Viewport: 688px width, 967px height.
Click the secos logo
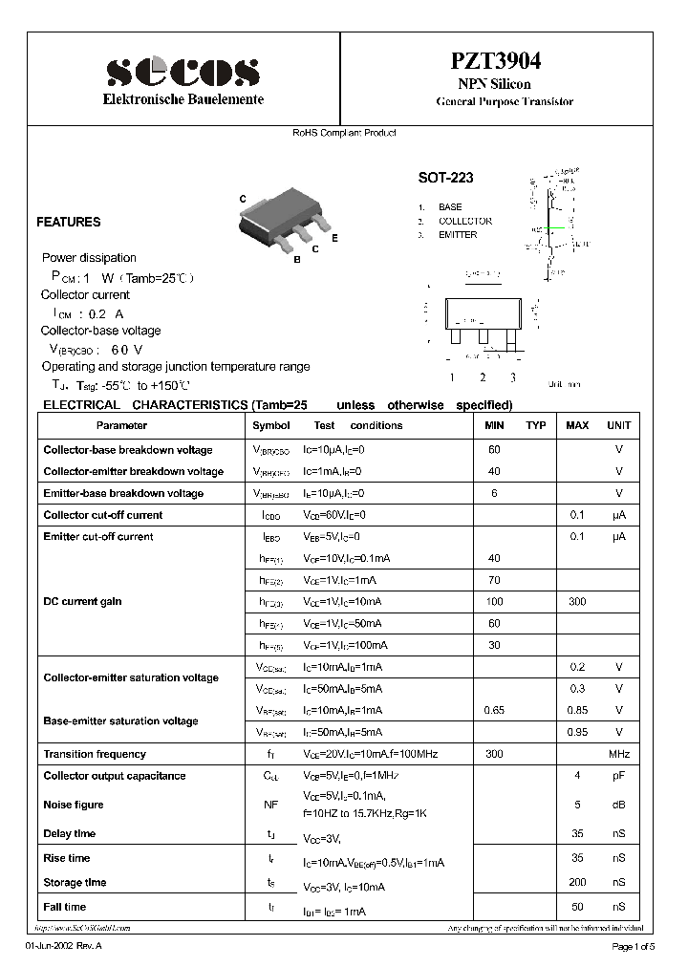click(x=183, y=72)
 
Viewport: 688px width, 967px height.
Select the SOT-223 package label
click(x=445, y=178)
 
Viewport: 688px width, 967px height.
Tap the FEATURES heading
click(x=69, y=222)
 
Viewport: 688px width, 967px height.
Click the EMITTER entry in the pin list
click(x=458, y=235)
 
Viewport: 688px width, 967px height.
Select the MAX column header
click(x=577, y=425)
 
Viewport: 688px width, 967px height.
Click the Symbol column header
click(x=270, y=425)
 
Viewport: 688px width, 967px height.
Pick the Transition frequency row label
click(x=95, y=754)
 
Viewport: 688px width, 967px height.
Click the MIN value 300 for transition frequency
click(x=494, y=754)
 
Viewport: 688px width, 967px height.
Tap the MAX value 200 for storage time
click(x=577, y=882)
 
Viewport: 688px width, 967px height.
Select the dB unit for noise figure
click(x=619, y=805)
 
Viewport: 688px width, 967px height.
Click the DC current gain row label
click(x=82, y=601)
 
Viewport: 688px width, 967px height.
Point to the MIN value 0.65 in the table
click(x=494, y=710)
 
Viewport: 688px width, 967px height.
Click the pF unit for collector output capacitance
click(x=619, y=776)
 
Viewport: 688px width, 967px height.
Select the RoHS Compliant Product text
click(x=344, y=133)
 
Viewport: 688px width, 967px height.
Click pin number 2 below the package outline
click(x=484, y=377)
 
